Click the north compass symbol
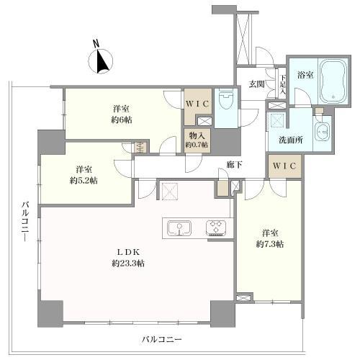101,61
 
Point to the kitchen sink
179,228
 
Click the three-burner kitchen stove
216,228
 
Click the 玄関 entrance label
256,84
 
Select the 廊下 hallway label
234,164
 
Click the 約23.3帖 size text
128,264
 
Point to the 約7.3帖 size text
270,244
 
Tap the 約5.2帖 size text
84,181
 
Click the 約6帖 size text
122,120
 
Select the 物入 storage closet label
197,135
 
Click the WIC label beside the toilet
197,104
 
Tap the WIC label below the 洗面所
284,166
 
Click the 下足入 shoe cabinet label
283,84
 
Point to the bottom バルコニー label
161,340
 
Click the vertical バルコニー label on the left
25,221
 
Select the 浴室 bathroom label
305,75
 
